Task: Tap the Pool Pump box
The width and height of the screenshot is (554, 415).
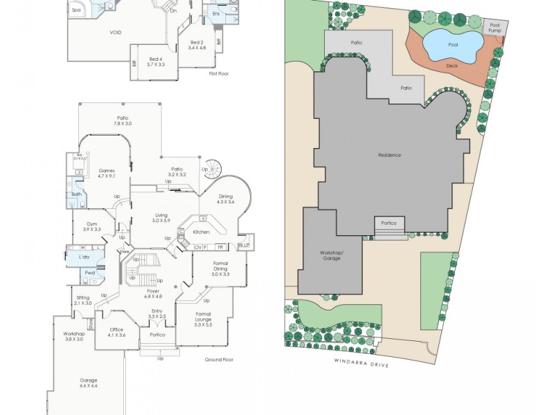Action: (494, 28)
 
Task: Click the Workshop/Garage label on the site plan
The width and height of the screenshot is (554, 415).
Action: (331, 255)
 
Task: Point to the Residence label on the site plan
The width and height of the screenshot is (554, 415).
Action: (389, 155)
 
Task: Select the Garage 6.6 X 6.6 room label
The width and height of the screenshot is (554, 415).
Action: (88, 383)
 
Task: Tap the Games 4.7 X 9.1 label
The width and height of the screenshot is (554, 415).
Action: (107, 173)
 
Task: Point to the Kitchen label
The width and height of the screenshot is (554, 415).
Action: (201, 232)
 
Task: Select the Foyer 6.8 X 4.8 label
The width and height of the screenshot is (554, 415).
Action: (153, 294)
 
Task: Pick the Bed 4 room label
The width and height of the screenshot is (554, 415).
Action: (155, 62)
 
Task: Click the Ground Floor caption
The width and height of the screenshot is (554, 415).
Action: (219, 360)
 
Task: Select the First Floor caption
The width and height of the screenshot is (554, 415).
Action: (218, 73)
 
